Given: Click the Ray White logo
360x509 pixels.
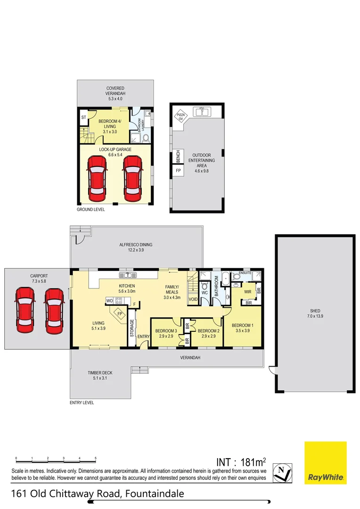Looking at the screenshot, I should click(326, 462).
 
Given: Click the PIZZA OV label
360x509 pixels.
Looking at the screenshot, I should click(180, 116).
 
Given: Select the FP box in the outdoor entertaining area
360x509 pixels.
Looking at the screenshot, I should click(179, 170).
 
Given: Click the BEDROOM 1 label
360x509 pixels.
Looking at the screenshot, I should click(242, 326).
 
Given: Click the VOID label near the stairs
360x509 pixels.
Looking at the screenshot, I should click(193, 299).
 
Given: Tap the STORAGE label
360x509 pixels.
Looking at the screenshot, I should click(132, 328).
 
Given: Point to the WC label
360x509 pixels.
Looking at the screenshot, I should click(205, 293).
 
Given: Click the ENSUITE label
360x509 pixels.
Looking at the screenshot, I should click(245, 272).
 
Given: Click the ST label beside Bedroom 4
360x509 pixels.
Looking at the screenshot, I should click(83, 117).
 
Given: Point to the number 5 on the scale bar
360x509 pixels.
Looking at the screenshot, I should click(96, 458).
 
